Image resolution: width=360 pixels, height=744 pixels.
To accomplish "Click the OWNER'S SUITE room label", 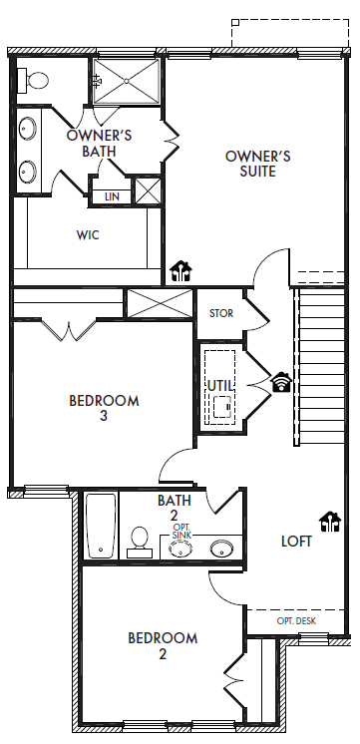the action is (257, 164).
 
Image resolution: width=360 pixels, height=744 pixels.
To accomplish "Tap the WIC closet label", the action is (88, 235).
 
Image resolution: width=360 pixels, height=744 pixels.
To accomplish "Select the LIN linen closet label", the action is (112, 196).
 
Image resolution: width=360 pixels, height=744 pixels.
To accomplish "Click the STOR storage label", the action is (221, 313).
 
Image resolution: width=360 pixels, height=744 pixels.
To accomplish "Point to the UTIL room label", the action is (220, 386).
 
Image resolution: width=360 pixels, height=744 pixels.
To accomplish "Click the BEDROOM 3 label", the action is (104, 408).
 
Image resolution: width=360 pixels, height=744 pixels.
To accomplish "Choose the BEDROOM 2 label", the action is (163, 646).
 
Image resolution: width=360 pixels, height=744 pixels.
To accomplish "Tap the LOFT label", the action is (296, 542).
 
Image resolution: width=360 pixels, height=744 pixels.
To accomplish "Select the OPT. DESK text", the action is (296, 620).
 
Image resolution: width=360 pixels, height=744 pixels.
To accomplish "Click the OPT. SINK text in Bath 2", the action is (181, 532).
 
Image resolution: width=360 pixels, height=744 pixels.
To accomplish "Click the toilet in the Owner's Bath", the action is (33, 81).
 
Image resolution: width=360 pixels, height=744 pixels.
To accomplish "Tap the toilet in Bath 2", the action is (140, 543).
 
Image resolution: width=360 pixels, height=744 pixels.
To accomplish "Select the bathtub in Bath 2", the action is (101, 526).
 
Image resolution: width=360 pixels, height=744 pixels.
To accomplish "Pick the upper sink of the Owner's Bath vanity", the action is (28, 128).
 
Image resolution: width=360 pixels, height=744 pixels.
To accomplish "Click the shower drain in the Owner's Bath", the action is (127, 81).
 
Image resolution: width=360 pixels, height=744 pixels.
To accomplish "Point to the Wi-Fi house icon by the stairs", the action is (282, 382).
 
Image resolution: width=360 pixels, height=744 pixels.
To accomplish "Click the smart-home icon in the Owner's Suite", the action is (180, 271).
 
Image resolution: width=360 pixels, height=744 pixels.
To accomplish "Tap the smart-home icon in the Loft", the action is (330, 522).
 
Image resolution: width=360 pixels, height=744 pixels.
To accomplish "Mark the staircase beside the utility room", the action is (320, 366).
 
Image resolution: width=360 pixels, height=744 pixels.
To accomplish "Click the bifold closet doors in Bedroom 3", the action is (69, 331).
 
